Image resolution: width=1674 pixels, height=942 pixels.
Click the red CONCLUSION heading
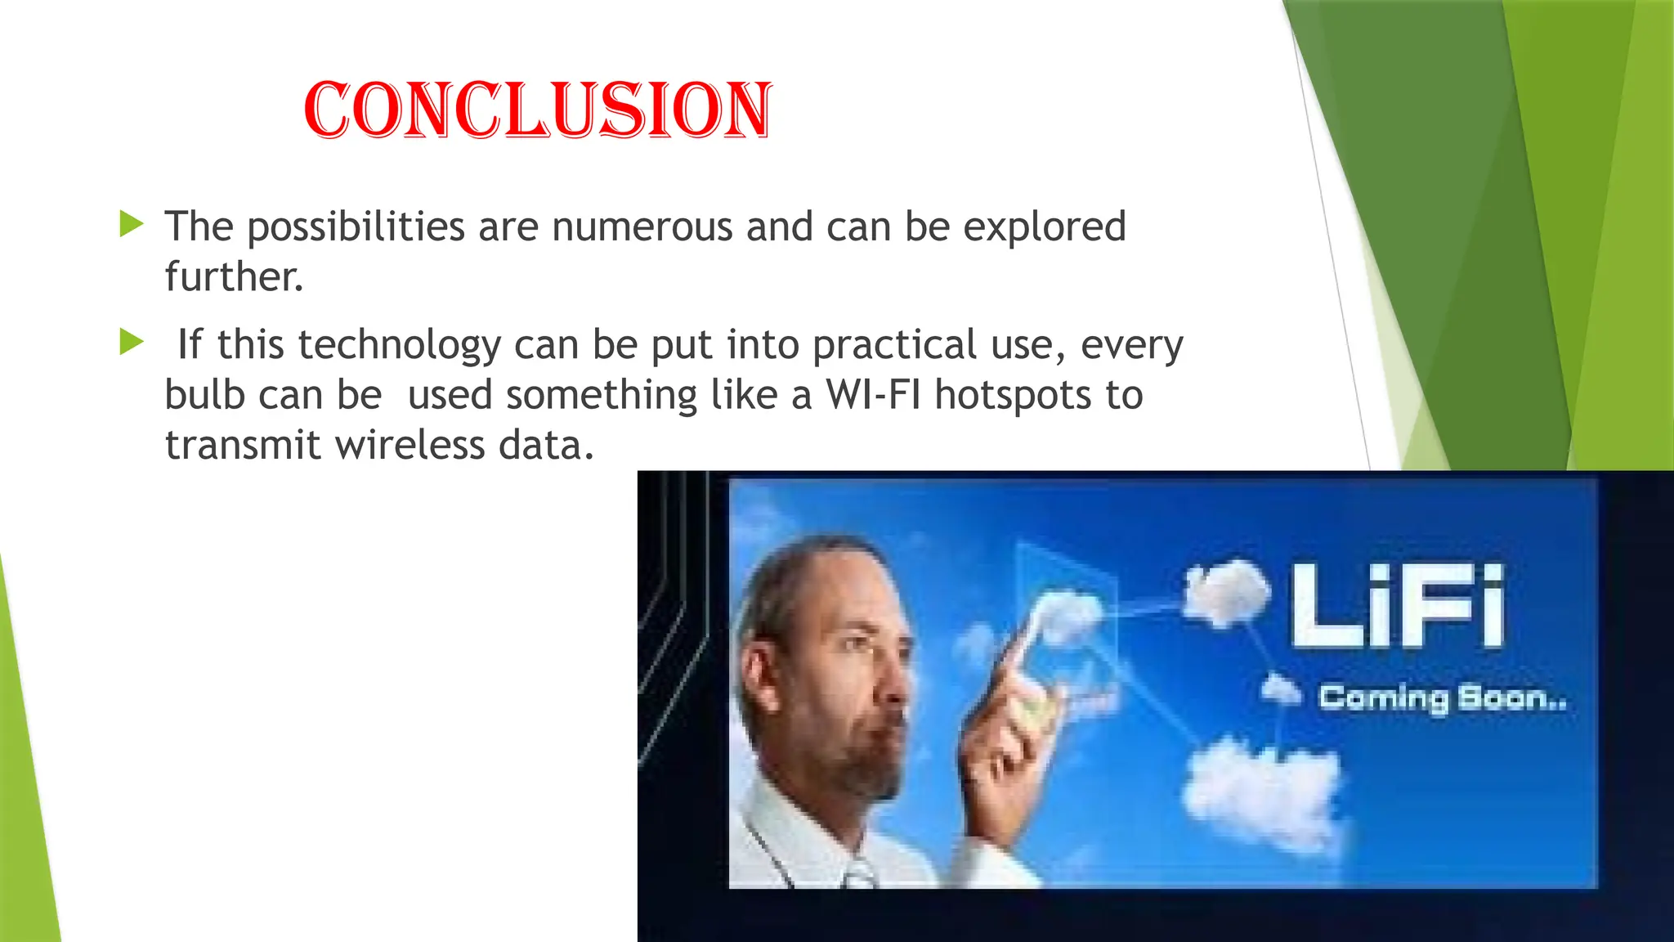(537, 110)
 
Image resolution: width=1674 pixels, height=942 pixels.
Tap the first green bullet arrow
(131, 224)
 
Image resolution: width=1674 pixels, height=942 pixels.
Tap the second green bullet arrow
(131, 342)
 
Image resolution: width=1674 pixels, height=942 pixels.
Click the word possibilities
(356, 227)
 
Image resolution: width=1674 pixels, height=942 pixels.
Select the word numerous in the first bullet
(642, 227)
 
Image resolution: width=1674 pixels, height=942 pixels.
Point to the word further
(234, 276)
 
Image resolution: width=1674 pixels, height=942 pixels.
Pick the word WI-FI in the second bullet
(873, 395)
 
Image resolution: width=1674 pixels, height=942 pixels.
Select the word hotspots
(1013, 397)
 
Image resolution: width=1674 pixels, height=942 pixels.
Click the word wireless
(410, 446)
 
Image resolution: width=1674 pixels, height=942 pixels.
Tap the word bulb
(204, 395)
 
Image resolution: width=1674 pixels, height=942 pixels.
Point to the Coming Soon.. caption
(1443, 698)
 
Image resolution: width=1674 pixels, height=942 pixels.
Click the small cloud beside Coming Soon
(1280, 689)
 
